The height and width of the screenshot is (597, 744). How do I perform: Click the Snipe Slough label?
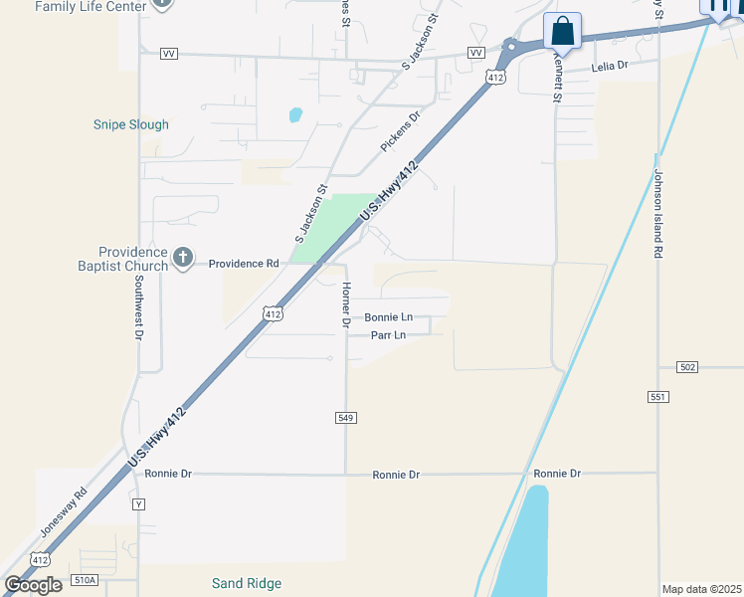[131, 124]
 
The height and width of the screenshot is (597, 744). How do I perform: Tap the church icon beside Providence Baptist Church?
[182, 258]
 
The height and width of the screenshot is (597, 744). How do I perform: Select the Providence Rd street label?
[244, 264]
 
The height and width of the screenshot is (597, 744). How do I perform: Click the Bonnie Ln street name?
[388, 317]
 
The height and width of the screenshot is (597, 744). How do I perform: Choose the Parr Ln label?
[388, 335]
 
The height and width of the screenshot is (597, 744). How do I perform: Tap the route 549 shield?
[345, 418]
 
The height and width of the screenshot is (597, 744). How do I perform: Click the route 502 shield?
[687, 367]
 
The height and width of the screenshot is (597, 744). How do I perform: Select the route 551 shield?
[657, 396]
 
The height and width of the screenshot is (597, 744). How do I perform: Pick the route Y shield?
[138, 504]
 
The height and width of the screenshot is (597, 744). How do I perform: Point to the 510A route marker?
[86, 580]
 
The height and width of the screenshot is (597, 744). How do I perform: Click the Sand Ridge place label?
[247, 583]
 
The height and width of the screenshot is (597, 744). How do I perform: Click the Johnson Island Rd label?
[657, 214]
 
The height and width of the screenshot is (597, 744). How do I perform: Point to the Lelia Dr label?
[611, 66]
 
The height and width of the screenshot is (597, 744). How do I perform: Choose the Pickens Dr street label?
[401, 131]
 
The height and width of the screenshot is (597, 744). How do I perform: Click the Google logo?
[33, 584]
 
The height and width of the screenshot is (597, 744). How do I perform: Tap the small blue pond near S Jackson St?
[295, 114]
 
